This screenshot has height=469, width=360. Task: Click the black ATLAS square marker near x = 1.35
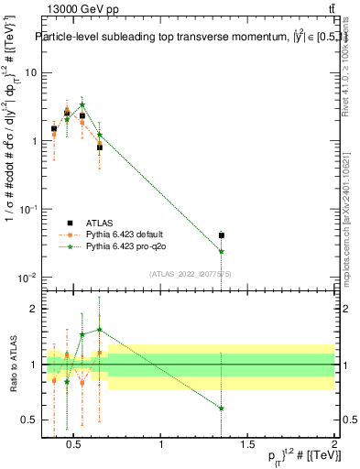pos(222,235)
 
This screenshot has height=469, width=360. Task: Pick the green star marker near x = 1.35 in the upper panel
pos(222,251)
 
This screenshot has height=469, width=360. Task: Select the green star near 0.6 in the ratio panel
pos(222,409)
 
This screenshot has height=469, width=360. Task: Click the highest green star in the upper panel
pos(82,104)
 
